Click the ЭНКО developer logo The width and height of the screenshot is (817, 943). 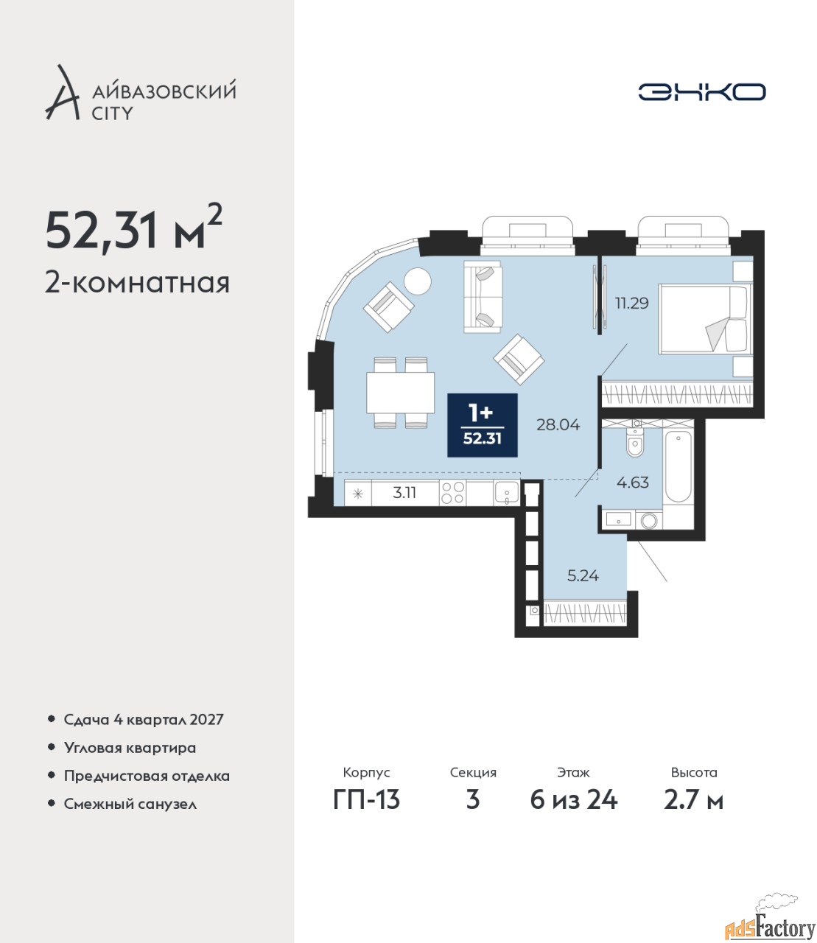[x=701, y=91]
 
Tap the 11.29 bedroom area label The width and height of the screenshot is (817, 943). [x=632, y=303]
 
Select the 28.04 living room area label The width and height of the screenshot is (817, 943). [x=558, y=425]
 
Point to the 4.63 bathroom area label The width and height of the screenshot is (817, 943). [x=633, y=483]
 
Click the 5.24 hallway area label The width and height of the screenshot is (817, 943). [x=583, y=575]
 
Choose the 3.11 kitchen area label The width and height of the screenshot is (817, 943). [x=404, y=493]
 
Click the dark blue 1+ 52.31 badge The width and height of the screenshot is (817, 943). [x=483, y=425]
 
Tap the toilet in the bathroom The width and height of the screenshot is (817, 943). [x=634, y=441]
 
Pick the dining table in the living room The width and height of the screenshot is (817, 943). [x=401, y=393]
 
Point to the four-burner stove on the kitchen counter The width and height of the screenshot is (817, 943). [x=452, y=493]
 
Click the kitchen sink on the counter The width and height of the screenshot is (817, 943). [x=506, y=493]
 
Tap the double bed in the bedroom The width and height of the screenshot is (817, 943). [x=705, y=318]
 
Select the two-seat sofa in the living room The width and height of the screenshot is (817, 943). [x=483, y=297]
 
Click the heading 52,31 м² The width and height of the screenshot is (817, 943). [x=134, y=233]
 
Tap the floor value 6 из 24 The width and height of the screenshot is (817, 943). [x=573, y=800]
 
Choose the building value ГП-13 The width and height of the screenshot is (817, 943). [x=366, y=800]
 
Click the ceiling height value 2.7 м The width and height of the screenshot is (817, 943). [x=693, y=800]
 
